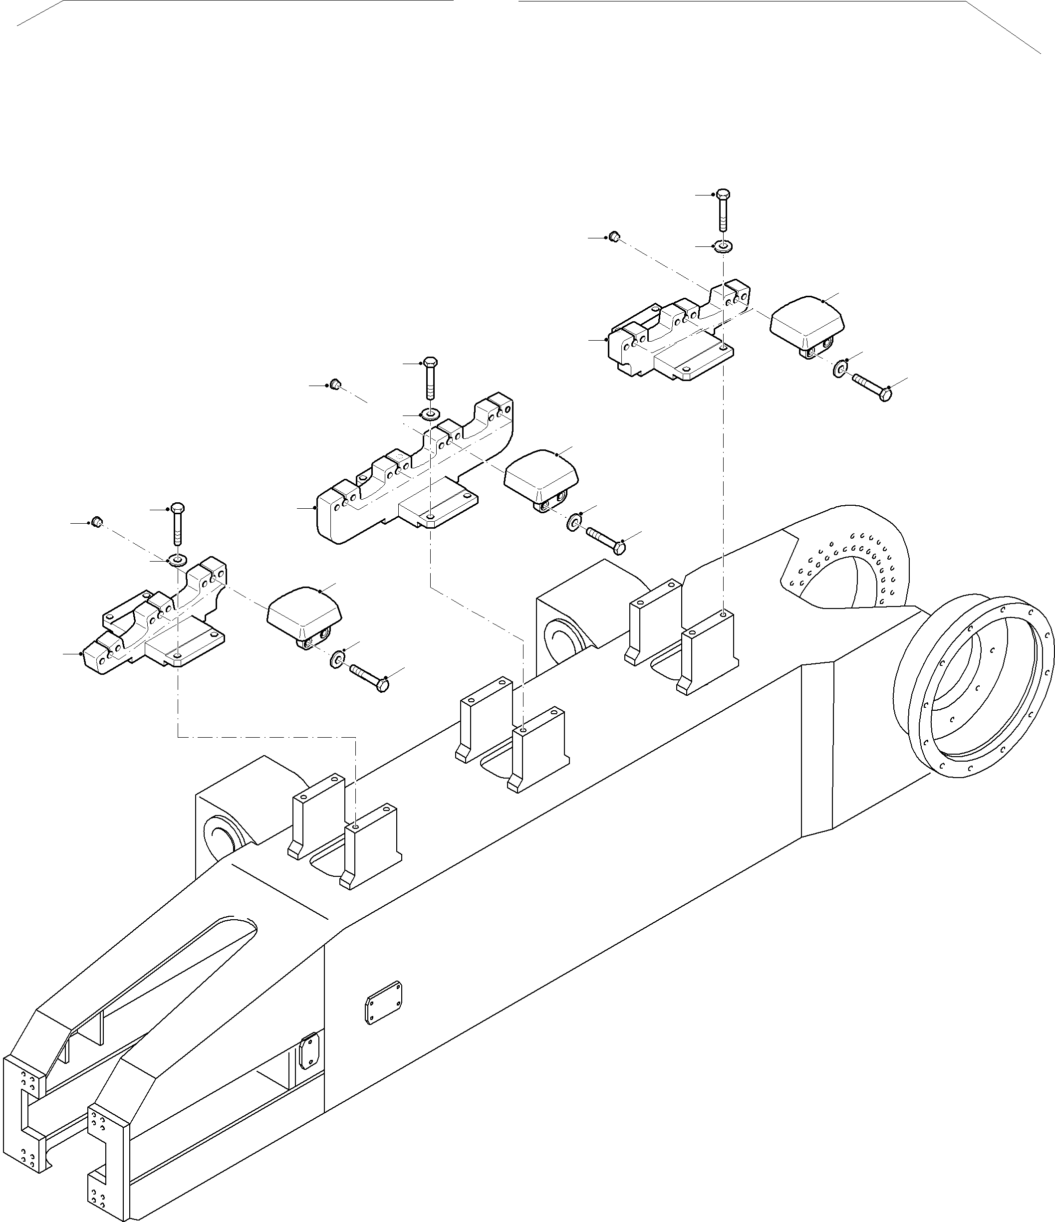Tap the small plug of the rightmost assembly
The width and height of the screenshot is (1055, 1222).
[x=614, y=236]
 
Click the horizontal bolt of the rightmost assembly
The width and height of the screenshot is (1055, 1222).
[x=871, y=387]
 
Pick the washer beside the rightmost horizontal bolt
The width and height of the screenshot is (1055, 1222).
[x=839, y=370]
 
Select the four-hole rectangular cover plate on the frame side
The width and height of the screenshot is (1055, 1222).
[x=384, y=1002]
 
